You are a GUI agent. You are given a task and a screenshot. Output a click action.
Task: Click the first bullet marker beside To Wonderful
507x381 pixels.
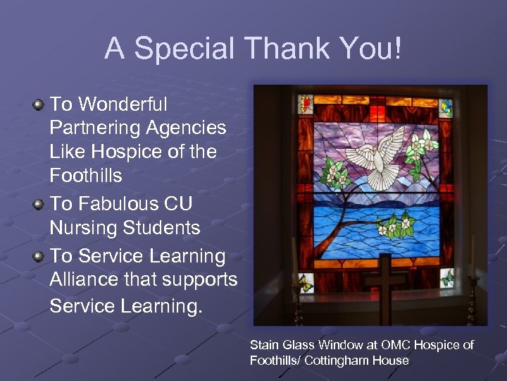click(x=39, y=105)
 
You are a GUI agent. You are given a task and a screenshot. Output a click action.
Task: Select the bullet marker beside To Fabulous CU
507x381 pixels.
click(x=39, y=204)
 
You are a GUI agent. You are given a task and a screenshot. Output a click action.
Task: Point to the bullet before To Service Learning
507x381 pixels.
click(x=39, y=256)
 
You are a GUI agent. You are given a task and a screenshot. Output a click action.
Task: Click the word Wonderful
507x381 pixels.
click(x=123, y=104)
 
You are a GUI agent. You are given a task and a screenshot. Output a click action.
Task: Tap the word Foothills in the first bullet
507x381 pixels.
click(x=86, y=174)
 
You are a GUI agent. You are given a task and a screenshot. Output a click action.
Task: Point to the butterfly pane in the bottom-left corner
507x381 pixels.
click(x=306, y=282)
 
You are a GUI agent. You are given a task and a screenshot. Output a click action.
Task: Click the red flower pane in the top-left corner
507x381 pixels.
click(x=306, y=104)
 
